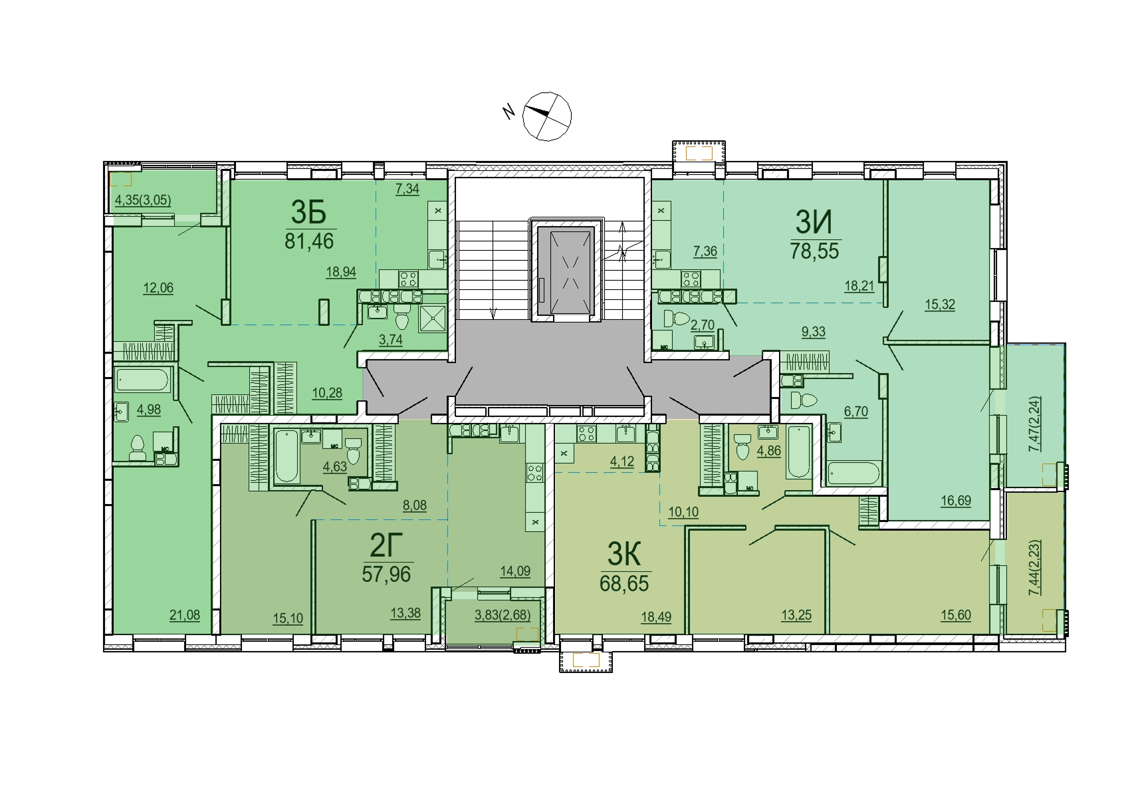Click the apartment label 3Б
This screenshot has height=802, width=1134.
click(x=308, y=213)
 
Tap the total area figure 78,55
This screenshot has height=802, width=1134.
click(x=814, y=251)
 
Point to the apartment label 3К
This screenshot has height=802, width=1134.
click(x=624, y=554)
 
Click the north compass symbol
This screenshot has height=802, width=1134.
click(x=547, y=116)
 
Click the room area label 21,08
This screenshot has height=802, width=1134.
click(x=184, y=616)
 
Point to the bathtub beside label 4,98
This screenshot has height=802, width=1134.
click(x=143, y=380)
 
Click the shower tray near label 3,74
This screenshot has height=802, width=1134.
click(x=432, y=319)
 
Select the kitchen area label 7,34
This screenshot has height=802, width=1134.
click(x=407, y=189)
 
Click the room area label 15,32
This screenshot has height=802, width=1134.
click(x=940, y=305)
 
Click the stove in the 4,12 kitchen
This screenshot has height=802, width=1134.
click(x=586, y=434)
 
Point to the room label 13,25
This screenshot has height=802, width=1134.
click(x=796, y=616)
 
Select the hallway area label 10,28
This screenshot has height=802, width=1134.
click(x=327, y=393)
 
